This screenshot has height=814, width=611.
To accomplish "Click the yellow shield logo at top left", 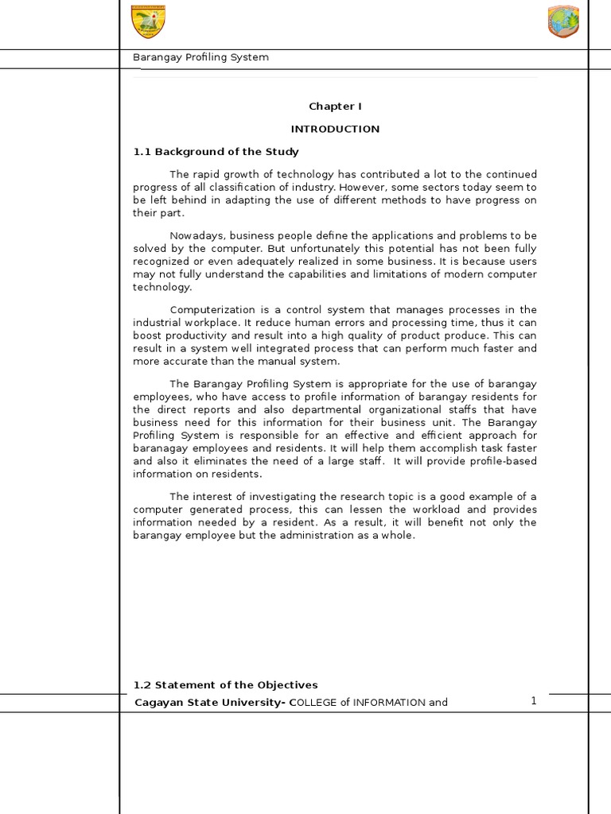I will [x=148, y=21].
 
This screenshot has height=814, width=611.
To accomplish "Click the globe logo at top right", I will [x=563, y=21].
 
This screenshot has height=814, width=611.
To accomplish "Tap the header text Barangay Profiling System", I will [x=200, y=57].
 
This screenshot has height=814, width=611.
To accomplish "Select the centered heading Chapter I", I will [x=335, y=107].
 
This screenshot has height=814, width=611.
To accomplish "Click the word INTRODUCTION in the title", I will [x=335, y=129].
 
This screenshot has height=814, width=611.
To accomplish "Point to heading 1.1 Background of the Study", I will [x=216, y=151].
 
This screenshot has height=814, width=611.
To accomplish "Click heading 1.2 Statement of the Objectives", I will [x=225, y=684].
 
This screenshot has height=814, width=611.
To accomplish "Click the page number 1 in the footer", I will [x=534, y=700].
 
